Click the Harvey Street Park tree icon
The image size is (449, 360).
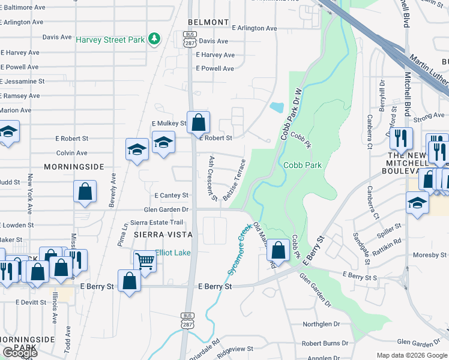[155, 39]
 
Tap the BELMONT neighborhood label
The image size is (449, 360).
[208, 22]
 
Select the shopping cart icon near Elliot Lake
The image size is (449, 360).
[145, 261]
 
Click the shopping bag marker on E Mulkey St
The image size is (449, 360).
[198, 123]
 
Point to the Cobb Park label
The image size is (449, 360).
[303, 165]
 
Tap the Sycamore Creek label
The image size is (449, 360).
[238, 250]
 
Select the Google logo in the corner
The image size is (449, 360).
[19, 353]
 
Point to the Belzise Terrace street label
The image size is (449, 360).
[235, 179]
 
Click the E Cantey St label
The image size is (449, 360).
[171, 196]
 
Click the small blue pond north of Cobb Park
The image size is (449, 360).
[277, 108]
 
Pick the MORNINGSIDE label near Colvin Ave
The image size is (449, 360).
[74, 166]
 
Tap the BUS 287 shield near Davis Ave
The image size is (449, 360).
[190, 40]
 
